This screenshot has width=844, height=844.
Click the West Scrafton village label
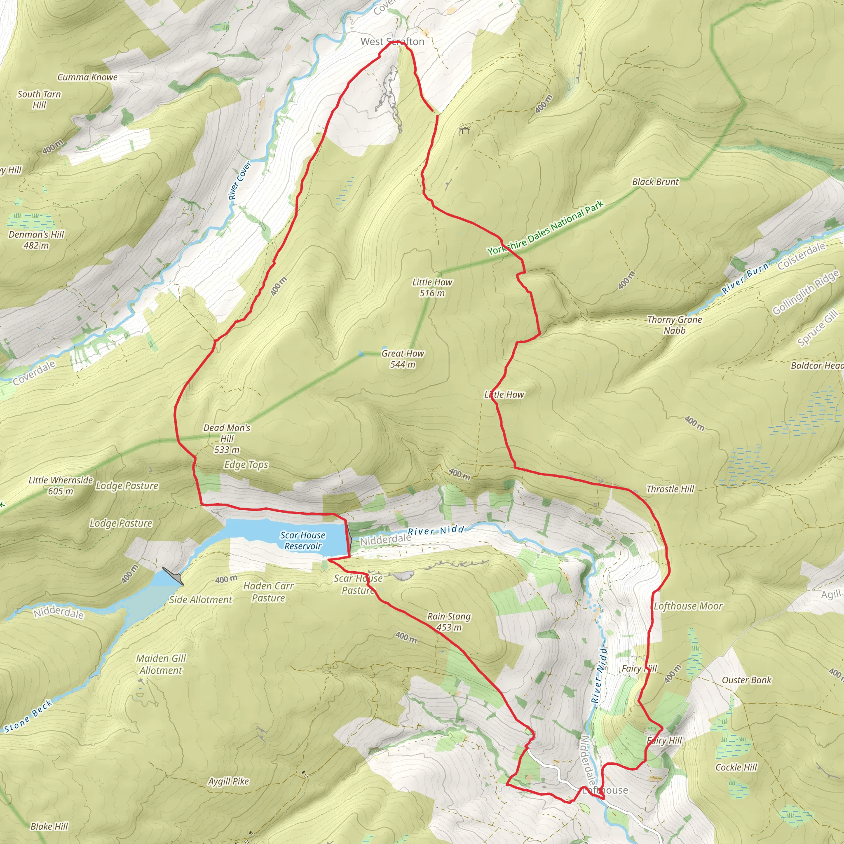pos(392,42)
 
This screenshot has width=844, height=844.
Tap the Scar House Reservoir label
pos(303,540)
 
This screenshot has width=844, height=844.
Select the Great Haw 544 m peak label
pos(402,359)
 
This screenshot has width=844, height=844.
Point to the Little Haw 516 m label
pos(431,288)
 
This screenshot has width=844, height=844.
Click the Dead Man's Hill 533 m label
pos(227,438)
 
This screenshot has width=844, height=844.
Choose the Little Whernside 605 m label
pos(61,485)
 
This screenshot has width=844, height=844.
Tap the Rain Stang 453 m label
pos(449,621)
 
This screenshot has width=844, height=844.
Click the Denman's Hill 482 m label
pos(36,240)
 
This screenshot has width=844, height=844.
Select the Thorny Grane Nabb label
pos(674,325)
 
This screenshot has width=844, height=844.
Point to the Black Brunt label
pos(655,182)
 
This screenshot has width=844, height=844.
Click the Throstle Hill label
pos(670,489)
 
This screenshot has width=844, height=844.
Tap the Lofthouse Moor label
pos(688,606)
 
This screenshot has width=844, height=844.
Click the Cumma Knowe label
pos(87,77)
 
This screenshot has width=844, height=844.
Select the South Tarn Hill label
pos(39,99)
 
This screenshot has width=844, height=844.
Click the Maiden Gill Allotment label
pos(161,664)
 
